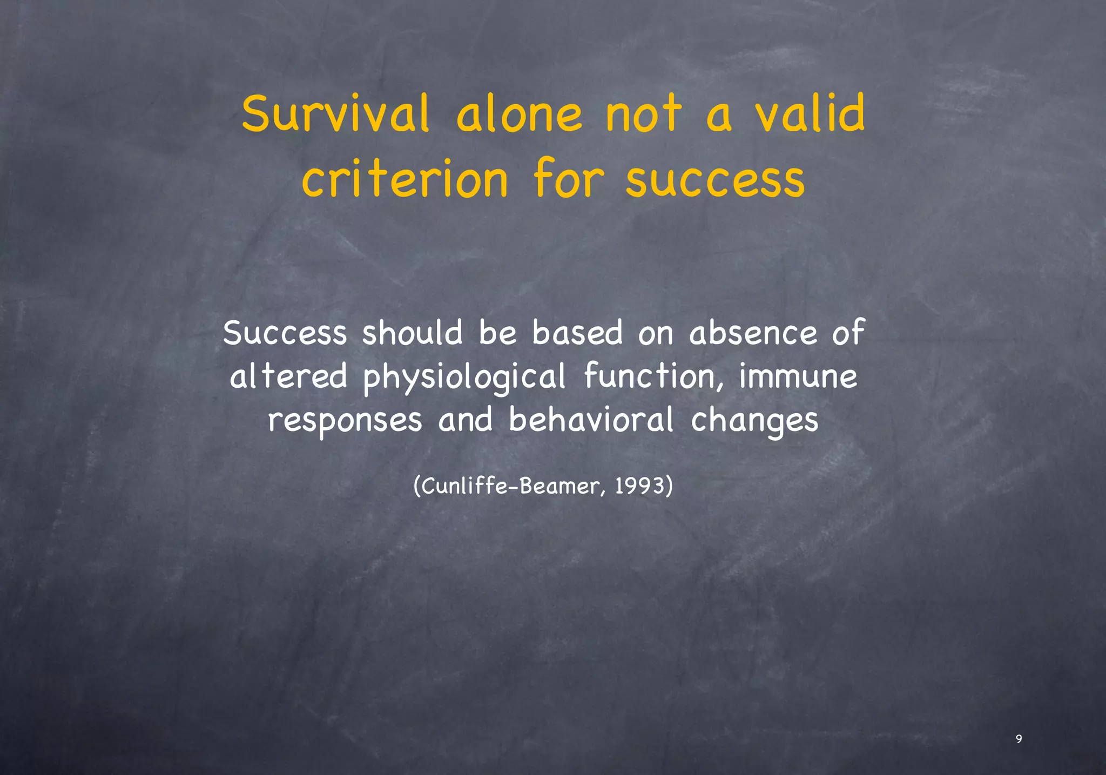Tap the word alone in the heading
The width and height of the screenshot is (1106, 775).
[x=519, y=114]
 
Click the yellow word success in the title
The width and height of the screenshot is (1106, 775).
[x=715, y=180]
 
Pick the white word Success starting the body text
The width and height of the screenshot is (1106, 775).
[x=285, y=333]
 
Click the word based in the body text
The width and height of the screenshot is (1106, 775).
[x=577, y=333]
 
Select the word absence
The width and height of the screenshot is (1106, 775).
[x=753, y=333]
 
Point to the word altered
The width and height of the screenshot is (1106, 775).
[x=288, y=376]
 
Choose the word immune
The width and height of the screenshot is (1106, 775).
[x=798, y=376]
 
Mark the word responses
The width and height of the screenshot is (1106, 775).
[x=345, y=421]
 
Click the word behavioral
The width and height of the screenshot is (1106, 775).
[x=591, y=420]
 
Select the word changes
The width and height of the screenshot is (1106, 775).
[x=754, y=421]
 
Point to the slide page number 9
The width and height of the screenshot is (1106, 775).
[x=1019, y=739]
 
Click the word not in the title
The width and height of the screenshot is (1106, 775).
[x=644, y=114]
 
